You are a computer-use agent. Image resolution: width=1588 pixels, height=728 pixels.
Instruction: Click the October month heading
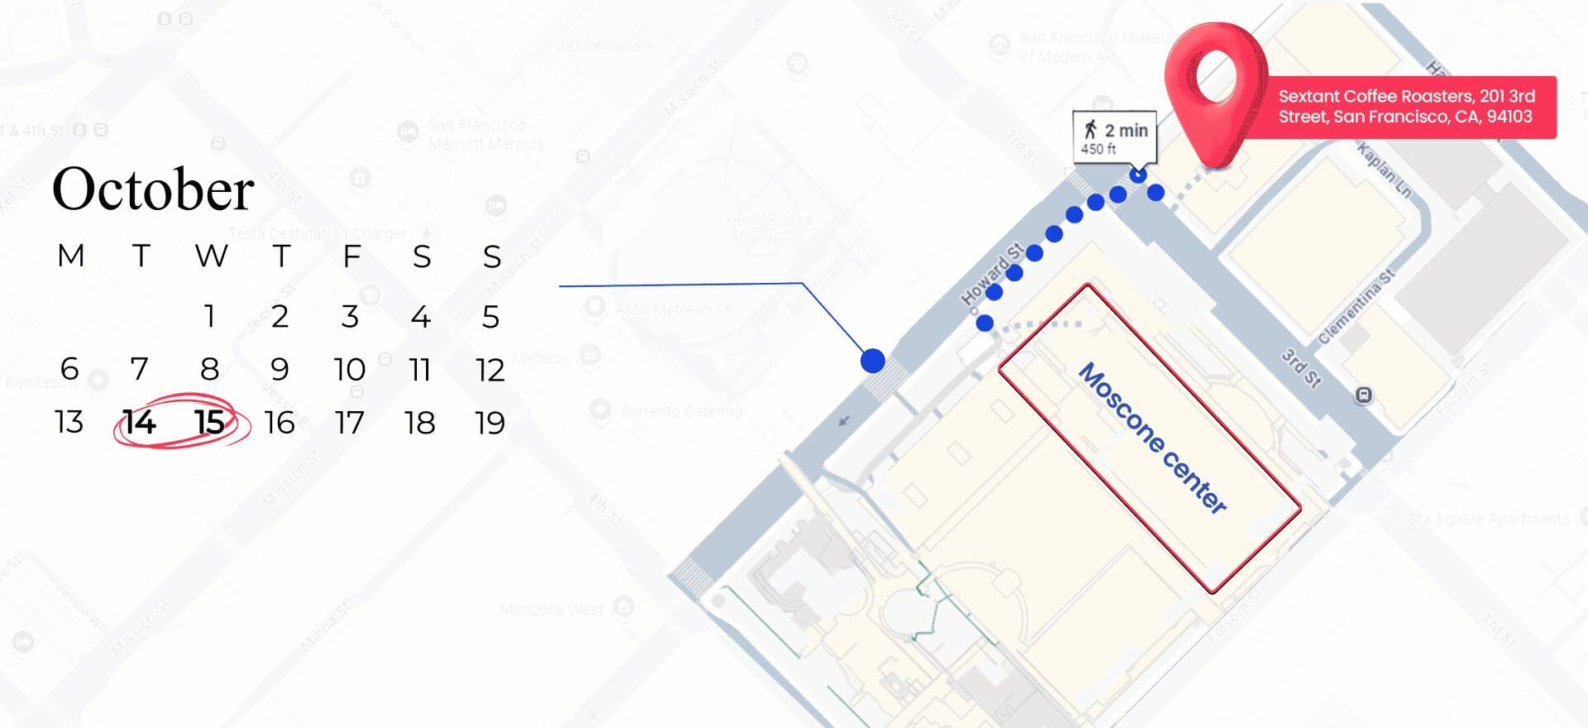click(x=153, y=189)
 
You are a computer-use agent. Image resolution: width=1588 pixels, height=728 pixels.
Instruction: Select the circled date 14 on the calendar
click(x=139, y=423)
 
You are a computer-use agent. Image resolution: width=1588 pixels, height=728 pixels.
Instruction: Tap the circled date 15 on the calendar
click(x=209, y=423)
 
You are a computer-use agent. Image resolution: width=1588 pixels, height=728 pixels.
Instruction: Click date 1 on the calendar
click(x=210, y=316)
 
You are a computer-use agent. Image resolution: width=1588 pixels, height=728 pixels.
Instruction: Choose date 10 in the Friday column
click(x=350, y=370)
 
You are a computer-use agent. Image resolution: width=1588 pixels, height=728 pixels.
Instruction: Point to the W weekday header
click(x=211, y=256)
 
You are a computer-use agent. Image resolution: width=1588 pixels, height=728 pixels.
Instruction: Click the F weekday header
click(x=352, y=256)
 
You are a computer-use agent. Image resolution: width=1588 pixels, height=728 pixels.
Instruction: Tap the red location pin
click(x=1215, y=91)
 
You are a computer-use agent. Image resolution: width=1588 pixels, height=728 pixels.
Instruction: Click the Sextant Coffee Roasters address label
click(x=1406, y=107)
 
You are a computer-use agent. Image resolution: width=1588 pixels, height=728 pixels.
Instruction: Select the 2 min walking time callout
click(x=1114, y=136)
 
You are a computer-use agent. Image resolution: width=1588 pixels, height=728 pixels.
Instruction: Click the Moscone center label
click(x=1152, y=438)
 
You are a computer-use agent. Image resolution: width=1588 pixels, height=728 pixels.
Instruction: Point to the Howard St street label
click(x=992, y=274)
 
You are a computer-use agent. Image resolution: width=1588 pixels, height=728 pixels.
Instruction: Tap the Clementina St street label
click(x=1356, y=306)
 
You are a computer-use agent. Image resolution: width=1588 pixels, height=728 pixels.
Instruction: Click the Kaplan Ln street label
click(x=1384, y=169)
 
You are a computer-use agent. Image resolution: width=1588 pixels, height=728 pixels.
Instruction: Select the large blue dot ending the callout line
click(x=873, y=361)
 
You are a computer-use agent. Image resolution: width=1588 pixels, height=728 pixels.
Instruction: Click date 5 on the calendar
click(x=490, y=317)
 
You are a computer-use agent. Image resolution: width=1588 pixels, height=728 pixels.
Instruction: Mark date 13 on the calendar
click(x=69, y=423)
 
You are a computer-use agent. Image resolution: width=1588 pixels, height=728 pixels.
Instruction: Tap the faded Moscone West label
click(x=552, y=611)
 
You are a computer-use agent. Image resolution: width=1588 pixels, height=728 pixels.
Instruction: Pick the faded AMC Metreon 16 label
click(x=673, y=309)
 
